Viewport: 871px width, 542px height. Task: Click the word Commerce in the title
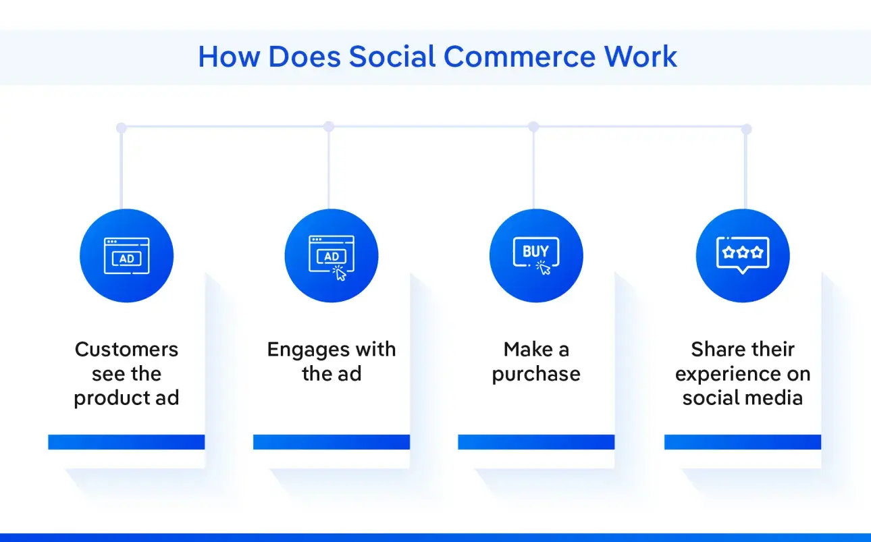click(519, 57)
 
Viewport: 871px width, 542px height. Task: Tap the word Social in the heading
click(392, 57)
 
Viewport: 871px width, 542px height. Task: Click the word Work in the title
click(640, 57)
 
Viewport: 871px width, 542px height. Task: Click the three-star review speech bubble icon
click(743, 255)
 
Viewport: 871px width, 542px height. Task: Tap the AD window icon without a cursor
click(127, 256)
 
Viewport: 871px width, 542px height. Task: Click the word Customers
click(126, 349)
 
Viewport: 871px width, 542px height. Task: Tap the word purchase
click(536, 375)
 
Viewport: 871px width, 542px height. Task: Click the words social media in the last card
click(743, 398)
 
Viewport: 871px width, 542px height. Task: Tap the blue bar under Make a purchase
click(536, 442)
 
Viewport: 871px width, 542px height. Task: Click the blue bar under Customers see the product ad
click(126, 442)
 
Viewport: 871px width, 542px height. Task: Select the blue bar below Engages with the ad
click(332, 442)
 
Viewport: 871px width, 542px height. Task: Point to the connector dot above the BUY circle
click(533, 126)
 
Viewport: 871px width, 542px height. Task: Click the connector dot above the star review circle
click(746, 129)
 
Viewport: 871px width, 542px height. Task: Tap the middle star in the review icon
click(743, 252)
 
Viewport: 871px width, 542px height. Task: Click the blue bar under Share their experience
click(743, 442)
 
